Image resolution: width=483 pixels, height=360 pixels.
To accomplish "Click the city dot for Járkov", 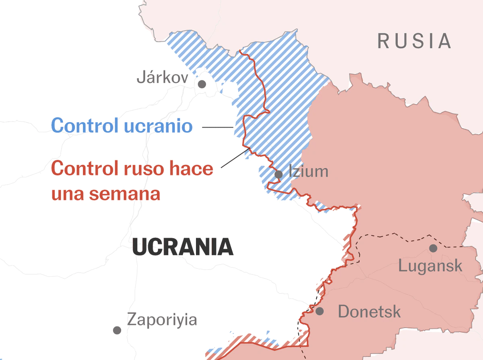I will [202, 84].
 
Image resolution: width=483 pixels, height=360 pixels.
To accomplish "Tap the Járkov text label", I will [162, 77].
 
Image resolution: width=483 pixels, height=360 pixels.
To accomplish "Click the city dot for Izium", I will [279, 174].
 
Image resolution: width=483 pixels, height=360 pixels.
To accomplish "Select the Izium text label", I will [308, 172].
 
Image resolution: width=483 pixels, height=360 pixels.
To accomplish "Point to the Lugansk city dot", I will [433, 248].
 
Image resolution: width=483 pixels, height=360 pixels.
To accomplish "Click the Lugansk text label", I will [430, 266].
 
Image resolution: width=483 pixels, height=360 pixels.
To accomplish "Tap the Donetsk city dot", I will [320, 311].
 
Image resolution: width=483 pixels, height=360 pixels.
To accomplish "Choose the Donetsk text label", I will [369, 312].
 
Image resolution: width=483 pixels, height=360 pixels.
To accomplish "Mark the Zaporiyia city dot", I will [117, 330].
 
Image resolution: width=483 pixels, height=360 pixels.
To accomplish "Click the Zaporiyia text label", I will [162, 320].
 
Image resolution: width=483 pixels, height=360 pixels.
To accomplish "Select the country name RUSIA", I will [414, 41].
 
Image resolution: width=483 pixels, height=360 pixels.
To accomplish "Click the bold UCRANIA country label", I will [183, 247].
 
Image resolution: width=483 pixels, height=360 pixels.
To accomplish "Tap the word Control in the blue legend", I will [85, 126].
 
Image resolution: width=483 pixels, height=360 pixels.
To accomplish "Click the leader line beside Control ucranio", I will [217, 127].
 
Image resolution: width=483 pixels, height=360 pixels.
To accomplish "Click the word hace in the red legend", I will [191, 168].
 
